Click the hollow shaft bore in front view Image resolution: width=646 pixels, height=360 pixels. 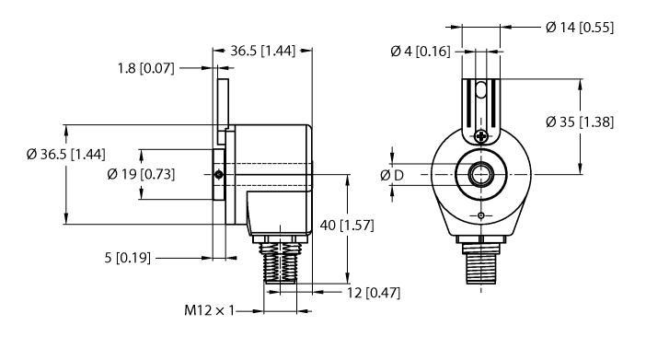coord(479,172)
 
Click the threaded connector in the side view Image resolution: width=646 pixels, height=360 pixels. coord(279,267)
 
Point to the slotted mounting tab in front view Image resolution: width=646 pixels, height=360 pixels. coord(479,103)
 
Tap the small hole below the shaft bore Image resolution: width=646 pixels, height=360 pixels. coord(479,216)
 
